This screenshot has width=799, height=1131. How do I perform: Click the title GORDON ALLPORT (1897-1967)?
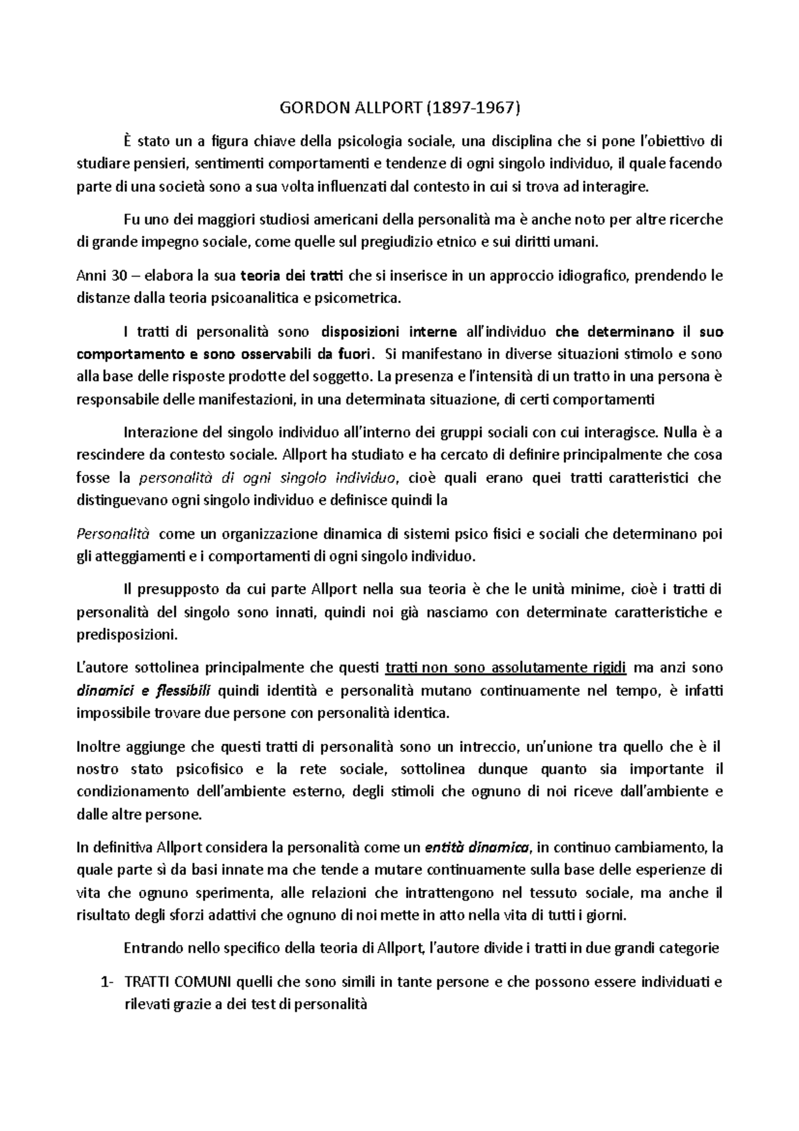pyautogui.click(x=399, y=107)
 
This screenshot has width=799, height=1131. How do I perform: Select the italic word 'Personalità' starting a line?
pyautogui.click(x=114, y=534)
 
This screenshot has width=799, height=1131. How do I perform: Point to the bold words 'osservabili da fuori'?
pyautogui.click(x=312, y=354)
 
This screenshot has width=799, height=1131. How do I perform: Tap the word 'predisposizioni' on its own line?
pyautogui.click(x=128, y=635)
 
